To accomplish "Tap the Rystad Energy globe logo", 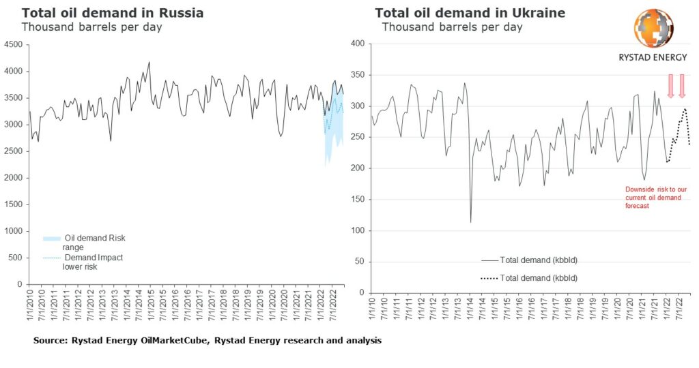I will (x=654, y=29).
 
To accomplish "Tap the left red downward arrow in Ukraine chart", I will (x=670, y=85).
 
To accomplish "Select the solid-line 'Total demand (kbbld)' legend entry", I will (x=529, y=260).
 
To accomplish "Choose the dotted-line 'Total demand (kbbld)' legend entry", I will (x=529, y=278).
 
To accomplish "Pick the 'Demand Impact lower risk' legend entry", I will (x=85, y=262).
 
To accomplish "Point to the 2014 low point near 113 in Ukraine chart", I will (x=471, y=222).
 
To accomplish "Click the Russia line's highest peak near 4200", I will (x=149, y=62).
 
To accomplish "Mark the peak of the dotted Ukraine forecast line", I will (x=684, y=108).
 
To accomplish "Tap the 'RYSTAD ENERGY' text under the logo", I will (x=653, y=58).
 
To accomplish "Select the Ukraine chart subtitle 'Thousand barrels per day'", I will (x=452, y=27).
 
